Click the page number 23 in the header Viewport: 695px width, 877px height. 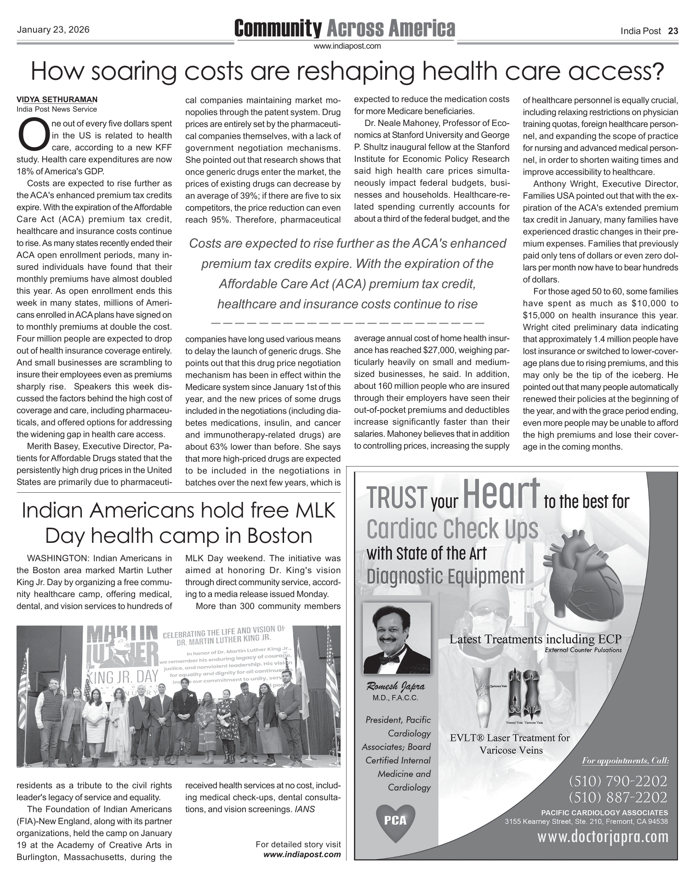coord(673,31)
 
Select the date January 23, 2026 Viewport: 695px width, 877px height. coord(53,30)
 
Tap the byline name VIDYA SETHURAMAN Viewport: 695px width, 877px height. coord(57,99)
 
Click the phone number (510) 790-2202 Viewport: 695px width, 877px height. coord(618,780)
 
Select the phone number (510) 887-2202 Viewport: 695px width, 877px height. coord(618,796)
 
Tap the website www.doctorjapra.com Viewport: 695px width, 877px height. coord(603,837)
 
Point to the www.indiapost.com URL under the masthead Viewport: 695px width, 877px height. coord(347,46)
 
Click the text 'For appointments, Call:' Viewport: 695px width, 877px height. coord(625,761)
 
